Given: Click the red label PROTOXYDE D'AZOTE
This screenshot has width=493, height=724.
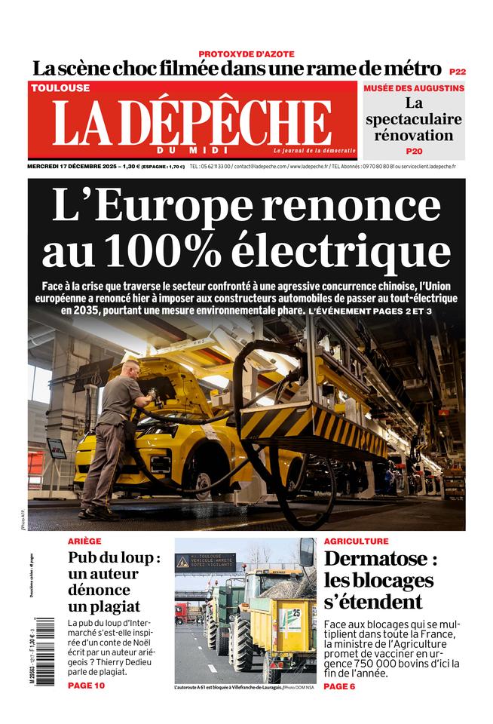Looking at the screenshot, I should coord(246,54).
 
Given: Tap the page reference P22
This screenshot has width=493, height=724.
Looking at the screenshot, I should coord(457,71).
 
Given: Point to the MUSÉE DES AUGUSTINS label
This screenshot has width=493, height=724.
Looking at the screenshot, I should coord(414,88).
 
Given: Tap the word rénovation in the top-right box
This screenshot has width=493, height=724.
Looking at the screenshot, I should coord(414,136).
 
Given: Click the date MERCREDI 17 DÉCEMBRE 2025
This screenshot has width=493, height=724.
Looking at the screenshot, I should coord(72,166).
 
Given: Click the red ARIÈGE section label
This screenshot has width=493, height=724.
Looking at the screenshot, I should coord(84,541).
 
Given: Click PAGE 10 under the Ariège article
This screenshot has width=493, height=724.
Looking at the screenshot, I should coord(86,686).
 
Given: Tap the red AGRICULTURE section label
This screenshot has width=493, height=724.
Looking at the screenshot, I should coord(356,541).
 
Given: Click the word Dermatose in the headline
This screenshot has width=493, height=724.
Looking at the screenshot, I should coord(381,560).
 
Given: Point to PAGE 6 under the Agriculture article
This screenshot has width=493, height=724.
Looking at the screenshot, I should coord(340,686).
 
